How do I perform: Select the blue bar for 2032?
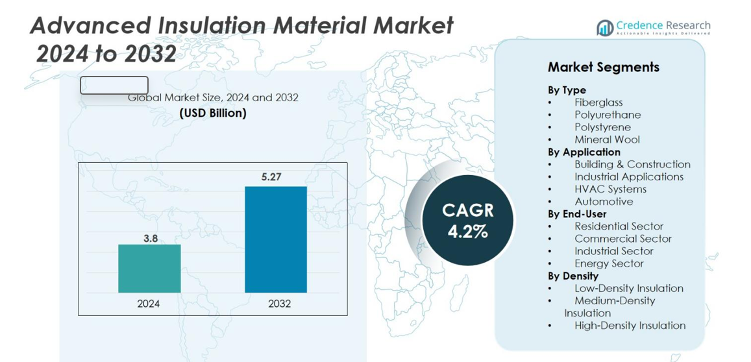coord(275,239)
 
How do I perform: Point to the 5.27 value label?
coord(271,176)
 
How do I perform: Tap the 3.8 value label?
coord(151,238)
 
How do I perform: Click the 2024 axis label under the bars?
coord(149,303)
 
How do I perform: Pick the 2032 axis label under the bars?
coord(280,303)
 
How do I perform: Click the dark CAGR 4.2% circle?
coord(467,220)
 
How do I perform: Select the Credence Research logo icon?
coord(605,27)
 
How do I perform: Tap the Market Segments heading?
coord(603,67)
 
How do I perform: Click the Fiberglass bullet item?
coord(598,103)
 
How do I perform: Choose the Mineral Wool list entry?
coord(607,139)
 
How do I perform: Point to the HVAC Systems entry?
coord(610,189)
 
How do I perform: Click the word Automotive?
coord(604,202)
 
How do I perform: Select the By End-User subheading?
coord(577,214)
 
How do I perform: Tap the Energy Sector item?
coord(609,263)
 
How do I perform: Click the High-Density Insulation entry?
coord(630,326)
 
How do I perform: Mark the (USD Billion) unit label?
coord(213,113)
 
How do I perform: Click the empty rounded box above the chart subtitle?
coord(114,85)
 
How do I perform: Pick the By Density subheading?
coord(573,276)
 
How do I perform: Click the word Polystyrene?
coord(602,127)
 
